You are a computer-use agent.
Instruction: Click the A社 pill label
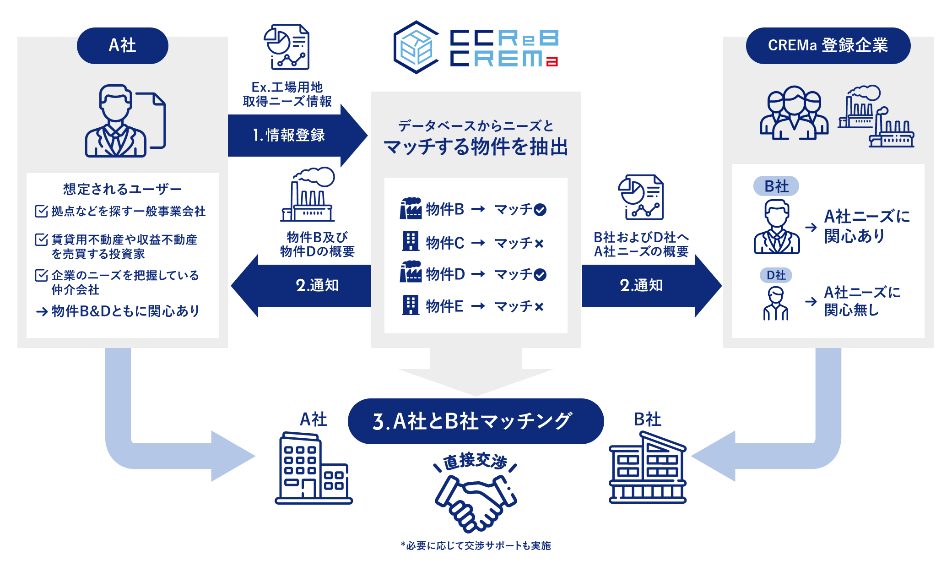122,45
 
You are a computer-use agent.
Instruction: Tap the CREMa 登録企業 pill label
828,45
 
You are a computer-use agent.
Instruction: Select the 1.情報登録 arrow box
289,135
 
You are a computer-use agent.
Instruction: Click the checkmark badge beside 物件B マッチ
540,210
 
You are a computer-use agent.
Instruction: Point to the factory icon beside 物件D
411,272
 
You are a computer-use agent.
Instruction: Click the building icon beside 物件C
410,241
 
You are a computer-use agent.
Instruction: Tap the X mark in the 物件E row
539,307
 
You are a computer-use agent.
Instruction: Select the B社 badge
776,186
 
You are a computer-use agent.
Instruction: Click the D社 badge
776,275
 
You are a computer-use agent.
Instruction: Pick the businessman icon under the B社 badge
777,227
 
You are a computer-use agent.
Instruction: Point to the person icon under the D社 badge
775,303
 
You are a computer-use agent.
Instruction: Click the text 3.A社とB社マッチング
472,421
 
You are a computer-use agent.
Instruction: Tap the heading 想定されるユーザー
122,189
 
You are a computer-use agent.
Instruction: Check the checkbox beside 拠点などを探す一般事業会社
41,211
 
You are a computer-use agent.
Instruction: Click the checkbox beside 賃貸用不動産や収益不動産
41,240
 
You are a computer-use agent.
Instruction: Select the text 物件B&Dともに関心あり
125,311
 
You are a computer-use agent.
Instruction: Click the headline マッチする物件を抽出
476,147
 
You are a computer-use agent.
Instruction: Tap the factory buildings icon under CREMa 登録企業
876,116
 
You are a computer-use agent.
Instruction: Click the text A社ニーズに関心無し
861,301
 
